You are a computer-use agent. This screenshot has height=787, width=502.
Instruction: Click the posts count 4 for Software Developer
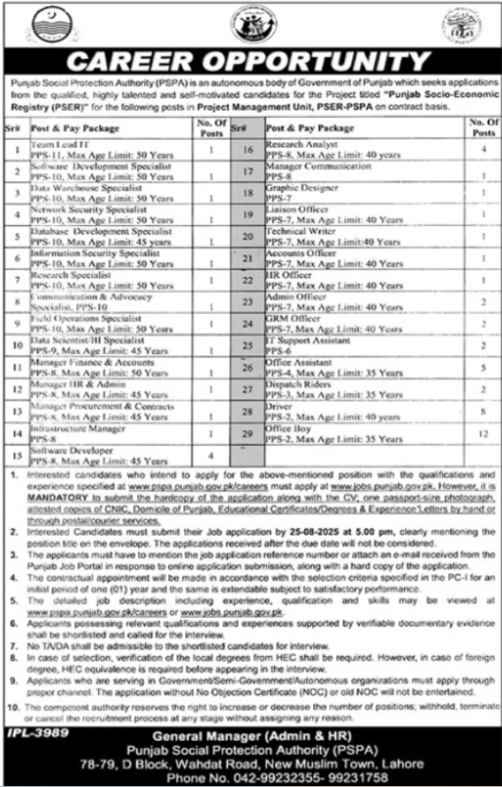tap(210, 454)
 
